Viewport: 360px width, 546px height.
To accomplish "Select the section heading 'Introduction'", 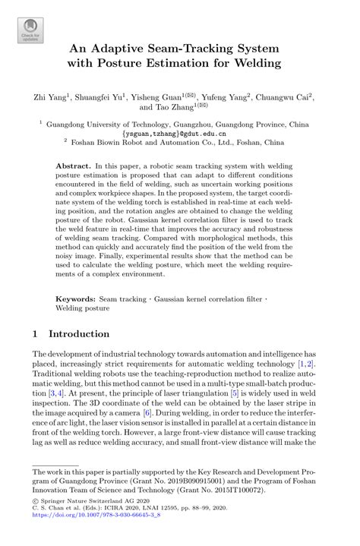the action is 79,333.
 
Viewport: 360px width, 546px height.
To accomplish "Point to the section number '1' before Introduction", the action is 36,333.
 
